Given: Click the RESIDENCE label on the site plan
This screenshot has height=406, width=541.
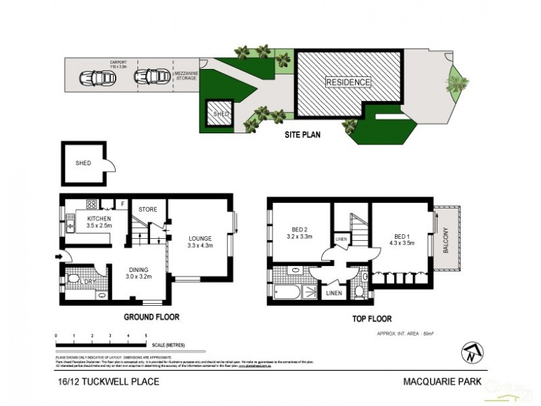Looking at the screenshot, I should [x=348, y=83].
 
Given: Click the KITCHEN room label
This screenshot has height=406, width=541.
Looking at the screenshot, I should [x=94, y=220].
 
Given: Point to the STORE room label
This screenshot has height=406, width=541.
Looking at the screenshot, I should [x=147, y=210].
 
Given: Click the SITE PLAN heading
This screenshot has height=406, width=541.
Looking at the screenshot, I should [x=302, y=135].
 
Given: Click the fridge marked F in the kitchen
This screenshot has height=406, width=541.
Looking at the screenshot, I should [x=122, y=203].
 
